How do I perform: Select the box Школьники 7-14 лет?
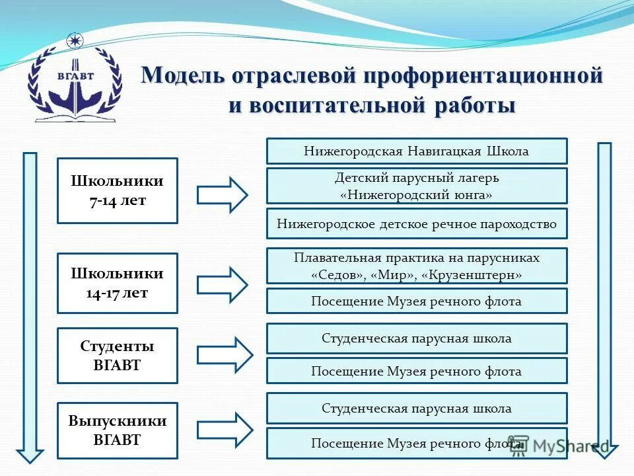118,190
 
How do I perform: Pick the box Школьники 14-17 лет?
118,283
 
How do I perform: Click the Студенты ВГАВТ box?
118,356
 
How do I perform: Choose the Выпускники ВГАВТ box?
118,430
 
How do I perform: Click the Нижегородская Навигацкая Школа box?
417,151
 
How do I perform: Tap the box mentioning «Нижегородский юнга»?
417,186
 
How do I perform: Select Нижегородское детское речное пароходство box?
417,223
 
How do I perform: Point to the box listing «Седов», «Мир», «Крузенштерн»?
417,265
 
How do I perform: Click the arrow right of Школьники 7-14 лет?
223,194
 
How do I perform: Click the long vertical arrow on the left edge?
30,304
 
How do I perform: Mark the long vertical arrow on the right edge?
604,297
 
